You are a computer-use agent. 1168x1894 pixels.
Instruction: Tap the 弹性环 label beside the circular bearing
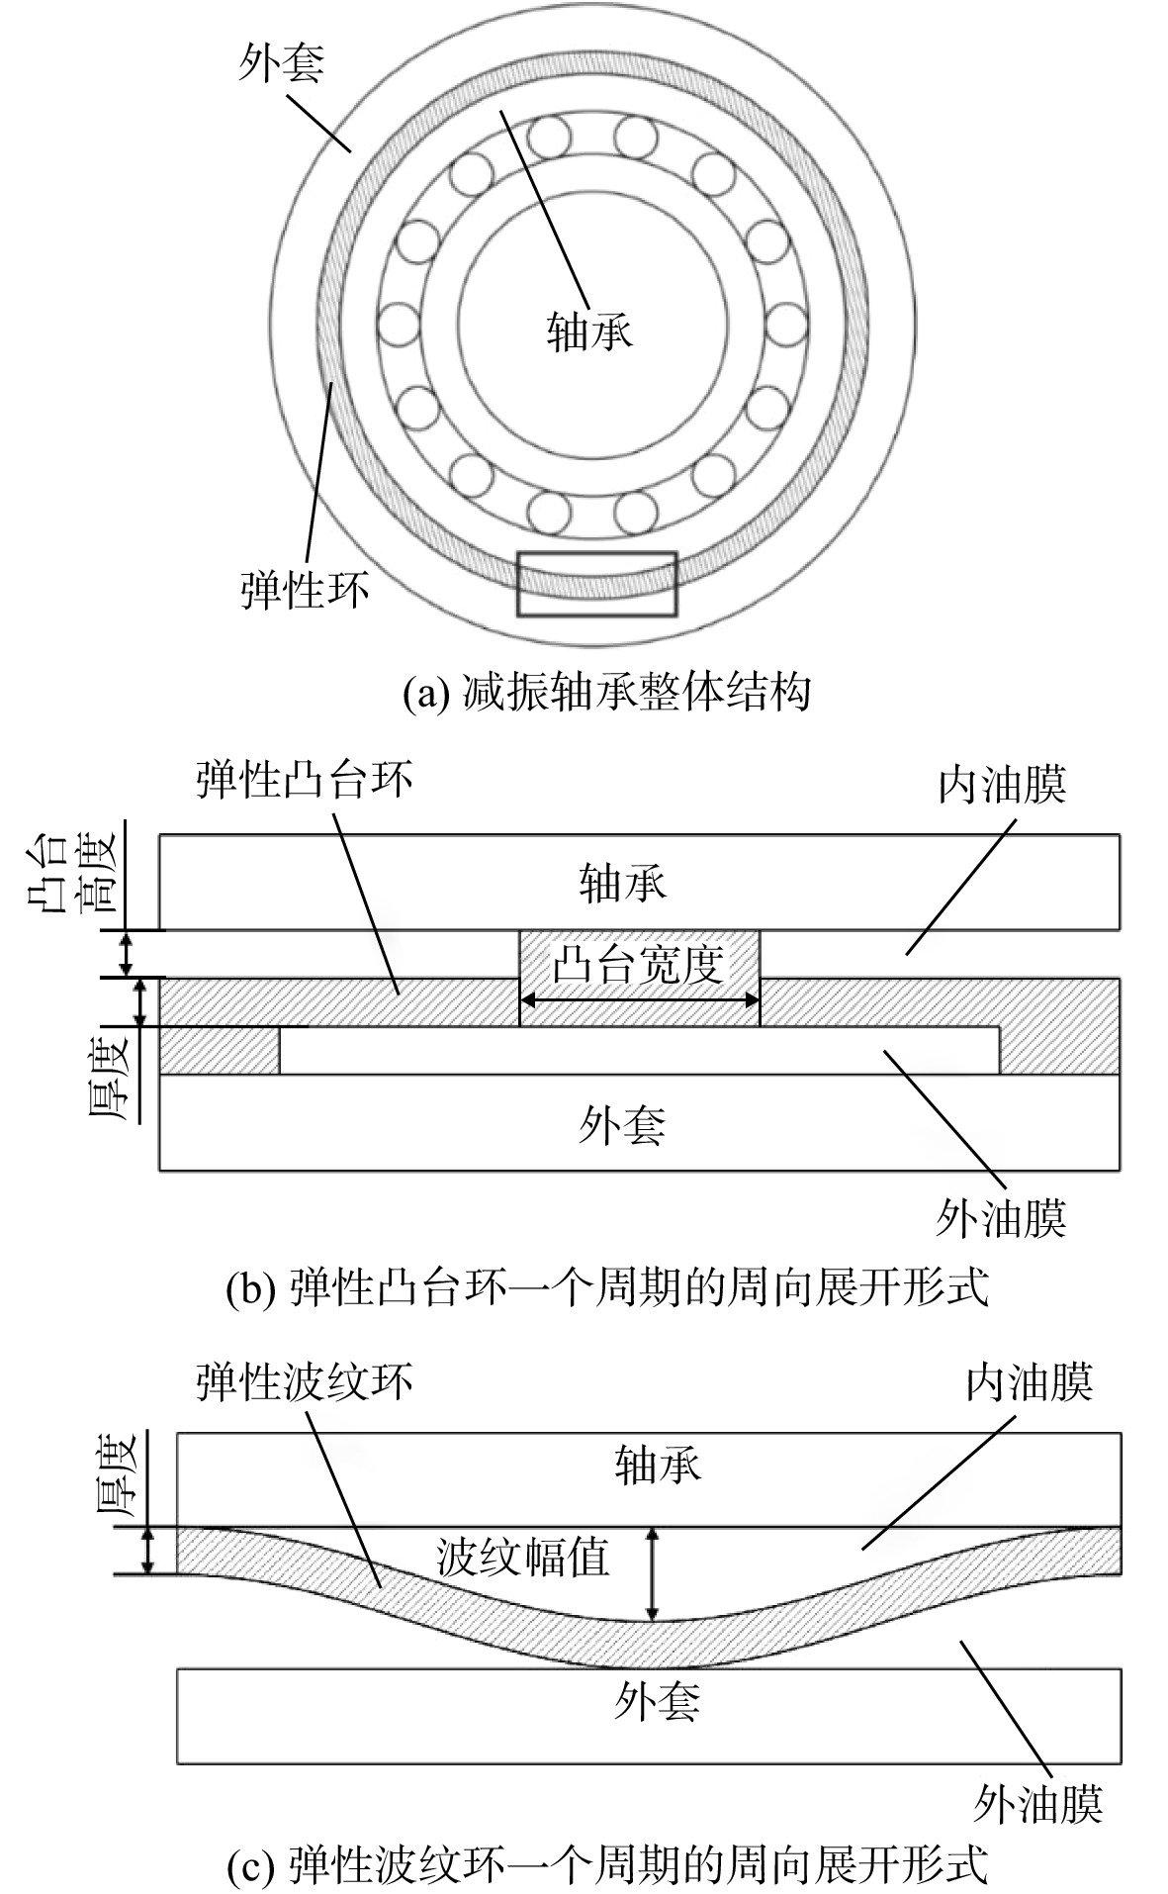[x=305, y=591]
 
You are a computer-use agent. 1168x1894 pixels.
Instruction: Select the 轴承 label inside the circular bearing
[x=589, y=331]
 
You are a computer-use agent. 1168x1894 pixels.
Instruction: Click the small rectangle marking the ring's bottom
[x=597, y=584]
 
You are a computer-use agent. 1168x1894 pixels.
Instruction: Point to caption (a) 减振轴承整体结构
[x=606, y=691]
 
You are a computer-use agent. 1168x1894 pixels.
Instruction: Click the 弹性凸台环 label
[x=305, y=780]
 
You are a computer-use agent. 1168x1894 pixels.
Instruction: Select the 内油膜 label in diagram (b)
[x=1003, y=787]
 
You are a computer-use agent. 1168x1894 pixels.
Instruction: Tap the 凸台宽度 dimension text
[x=639, y=964]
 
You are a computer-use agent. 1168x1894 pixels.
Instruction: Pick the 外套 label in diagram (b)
[x=622, y=1124]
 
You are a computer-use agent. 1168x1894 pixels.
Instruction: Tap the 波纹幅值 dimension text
[x=523, y=1558]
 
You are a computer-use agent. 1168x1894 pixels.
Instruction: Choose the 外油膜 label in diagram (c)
[x=1037, y=1803]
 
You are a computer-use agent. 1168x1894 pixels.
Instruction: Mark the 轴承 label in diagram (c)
[x=658, y=1465]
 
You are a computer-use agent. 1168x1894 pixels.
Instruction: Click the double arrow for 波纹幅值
[x=652, y=1574]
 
